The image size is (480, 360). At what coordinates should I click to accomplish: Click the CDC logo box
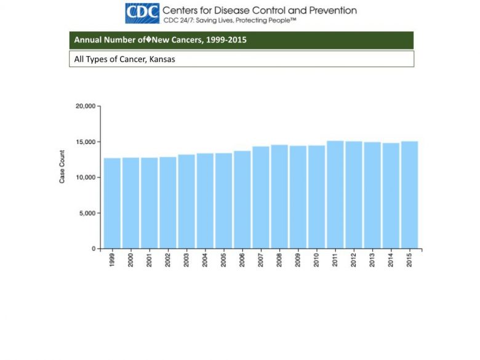point(142,13)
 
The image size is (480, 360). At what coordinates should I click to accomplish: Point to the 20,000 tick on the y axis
point(85,106)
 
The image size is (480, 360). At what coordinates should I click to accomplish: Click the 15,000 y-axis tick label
point(85,142)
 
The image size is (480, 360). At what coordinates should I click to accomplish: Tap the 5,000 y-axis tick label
point(87,213)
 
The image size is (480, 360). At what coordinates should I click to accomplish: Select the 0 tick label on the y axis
point(92,249)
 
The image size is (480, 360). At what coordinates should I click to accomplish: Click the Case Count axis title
point(62,166)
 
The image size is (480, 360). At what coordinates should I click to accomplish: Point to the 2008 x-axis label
point(279,260)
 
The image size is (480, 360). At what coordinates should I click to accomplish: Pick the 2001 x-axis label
point(150,260)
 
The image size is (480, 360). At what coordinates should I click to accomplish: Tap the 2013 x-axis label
point(372,260)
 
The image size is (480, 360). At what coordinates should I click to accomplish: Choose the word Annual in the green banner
point(87,40)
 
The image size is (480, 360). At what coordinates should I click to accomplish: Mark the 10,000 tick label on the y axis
point(85,177)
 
